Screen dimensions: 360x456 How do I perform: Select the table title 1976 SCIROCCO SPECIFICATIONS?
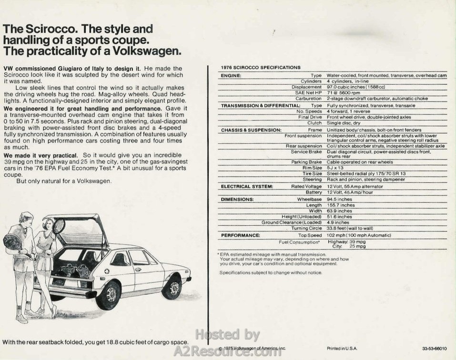tap(261, 68)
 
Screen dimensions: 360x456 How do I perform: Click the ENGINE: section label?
tap(231, 76)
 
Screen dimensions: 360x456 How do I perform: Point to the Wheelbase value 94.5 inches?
tap(339, 200)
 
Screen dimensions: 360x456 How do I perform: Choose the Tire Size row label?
tap(312, 174)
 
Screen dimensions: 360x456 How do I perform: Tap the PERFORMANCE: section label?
tap(241, 235)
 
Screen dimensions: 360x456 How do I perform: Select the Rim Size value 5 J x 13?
tap(335, 168)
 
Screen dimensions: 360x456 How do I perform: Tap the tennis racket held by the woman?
tap(59, 225)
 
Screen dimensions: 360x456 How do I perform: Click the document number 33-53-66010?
tap(434, 349)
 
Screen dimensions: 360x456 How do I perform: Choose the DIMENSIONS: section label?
tap(237, 200)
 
